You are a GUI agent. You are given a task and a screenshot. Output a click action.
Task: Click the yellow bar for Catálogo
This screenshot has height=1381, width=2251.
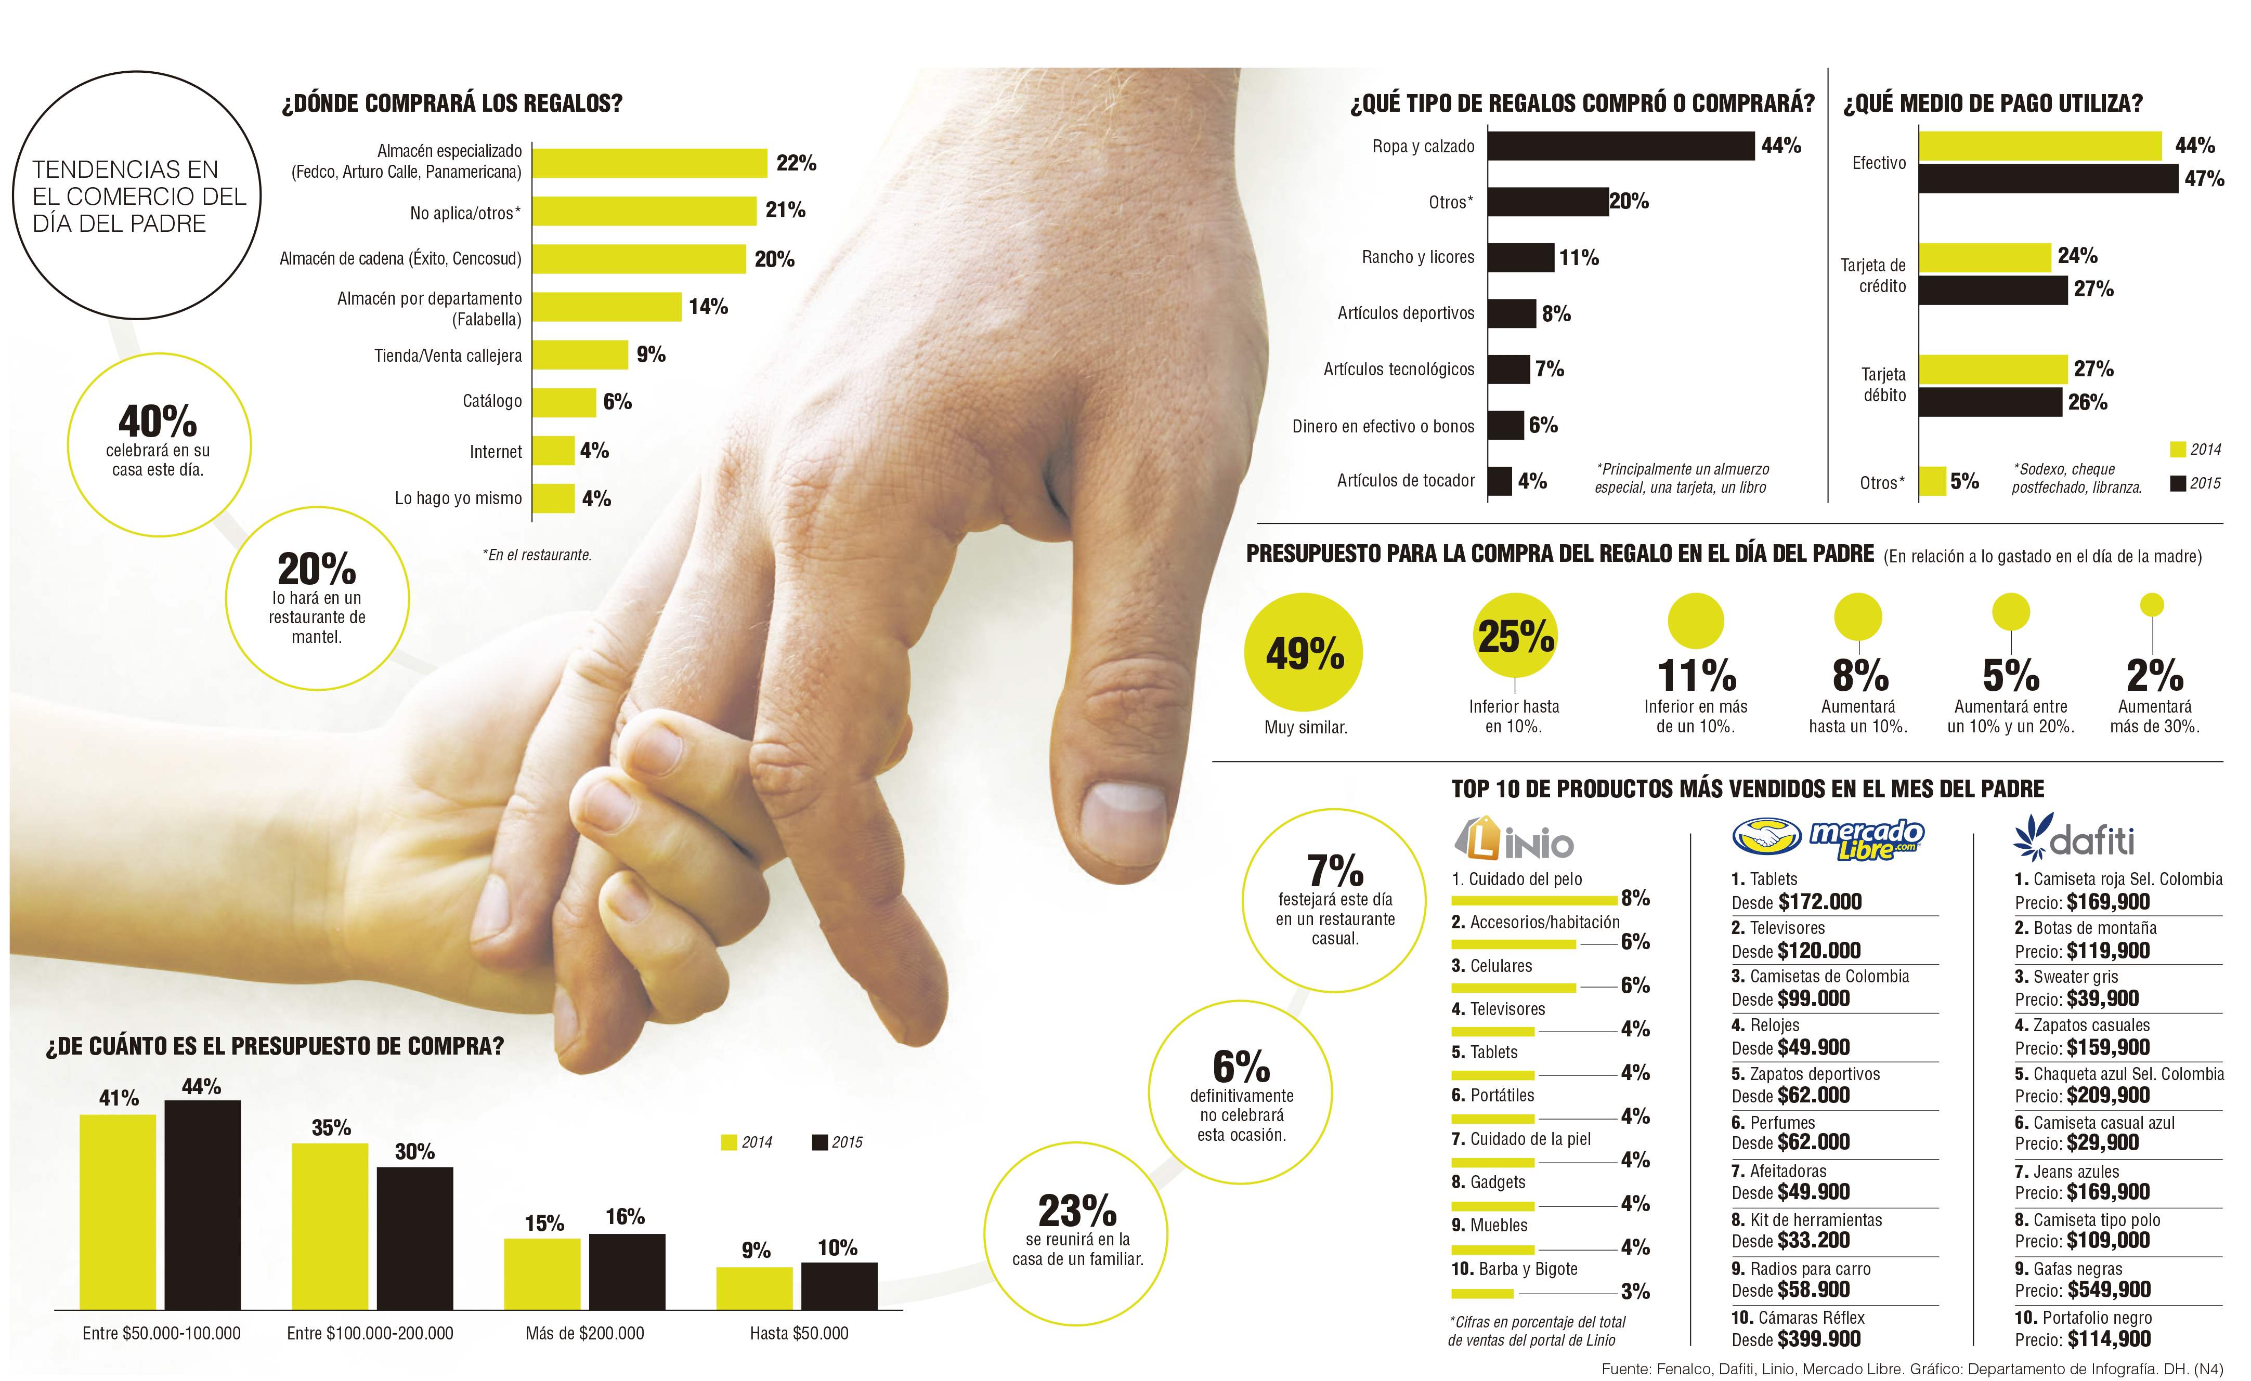(564, 402)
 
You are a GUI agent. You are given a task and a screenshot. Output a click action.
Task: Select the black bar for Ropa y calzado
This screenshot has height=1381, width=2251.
(1621, 146)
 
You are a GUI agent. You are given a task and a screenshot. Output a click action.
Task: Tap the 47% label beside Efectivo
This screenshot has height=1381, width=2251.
(2204, 179)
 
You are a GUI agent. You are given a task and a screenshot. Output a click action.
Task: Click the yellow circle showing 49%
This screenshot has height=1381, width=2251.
(1304, 653)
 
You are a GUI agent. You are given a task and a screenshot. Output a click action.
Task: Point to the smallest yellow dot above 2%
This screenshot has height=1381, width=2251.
(2152, 604)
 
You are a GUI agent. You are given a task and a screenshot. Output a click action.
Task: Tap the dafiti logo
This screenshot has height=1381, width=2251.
(2074, 837)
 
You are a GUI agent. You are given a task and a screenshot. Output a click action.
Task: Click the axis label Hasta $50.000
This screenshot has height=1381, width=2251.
(799, 1334)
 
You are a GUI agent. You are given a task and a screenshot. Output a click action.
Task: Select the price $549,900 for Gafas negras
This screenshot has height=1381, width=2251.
(2107, 1291)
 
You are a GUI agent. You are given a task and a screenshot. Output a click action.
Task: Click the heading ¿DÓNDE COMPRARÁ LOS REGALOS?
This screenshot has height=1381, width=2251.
(451, 103)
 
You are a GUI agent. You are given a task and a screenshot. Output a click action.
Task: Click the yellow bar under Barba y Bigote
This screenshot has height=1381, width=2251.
(1482, 1293)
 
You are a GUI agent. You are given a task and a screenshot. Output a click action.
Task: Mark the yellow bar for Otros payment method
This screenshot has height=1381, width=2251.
(1932, 481)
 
